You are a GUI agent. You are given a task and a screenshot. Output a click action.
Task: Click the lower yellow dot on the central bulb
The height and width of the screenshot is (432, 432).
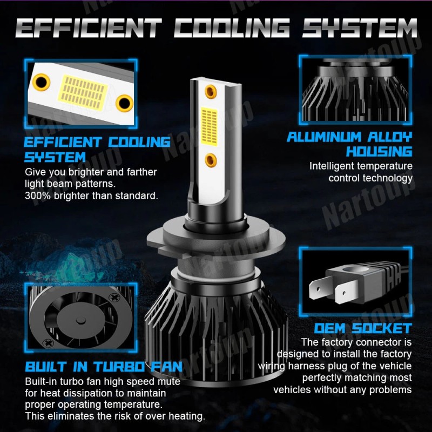click(211, 159)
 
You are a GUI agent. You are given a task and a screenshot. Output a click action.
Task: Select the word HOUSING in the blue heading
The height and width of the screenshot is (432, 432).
click(379, 151)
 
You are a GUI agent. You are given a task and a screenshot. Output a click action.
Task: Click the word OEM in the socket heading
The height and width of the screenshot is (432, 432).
click(330, 328)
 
